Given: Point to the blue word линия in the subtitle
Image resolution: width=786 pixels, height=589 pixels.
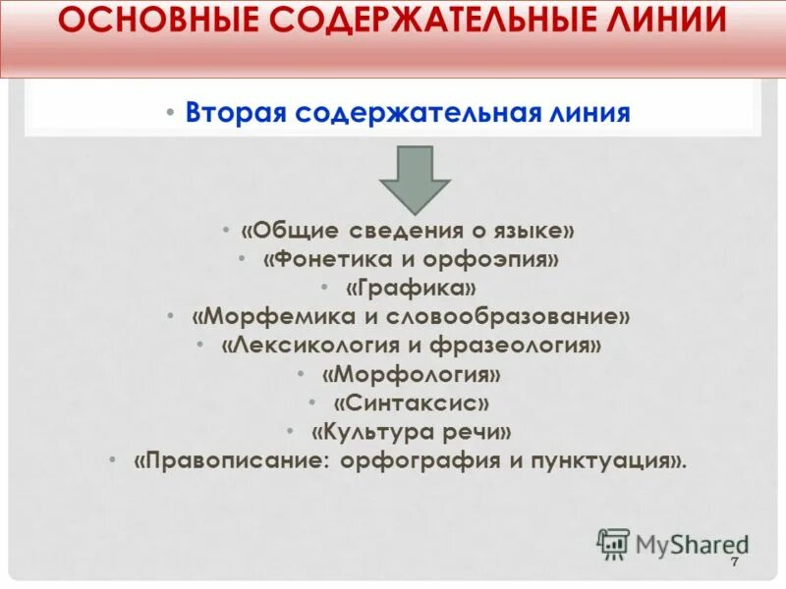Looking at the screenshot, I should pos(583,112).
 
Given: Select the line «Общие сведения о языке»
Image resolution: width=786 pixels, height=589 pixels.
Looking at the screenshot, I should pos(407,231).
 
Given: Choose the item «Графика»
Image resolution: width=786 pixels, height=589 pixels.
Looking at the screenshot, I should pos(412,289).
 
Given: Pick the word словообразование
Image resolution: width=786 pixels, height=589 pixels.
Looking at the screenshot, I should pos(530,317).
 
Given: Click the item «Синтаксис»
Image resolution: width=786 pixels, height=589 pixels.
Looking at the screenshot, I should pos(411,403).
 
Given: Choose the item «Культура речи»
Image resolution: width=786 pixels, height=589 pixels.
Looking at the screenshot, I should pos(412,432).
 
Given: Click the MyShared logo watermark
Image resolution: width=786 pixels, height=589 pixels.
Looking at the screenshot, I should pos(672,544).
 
